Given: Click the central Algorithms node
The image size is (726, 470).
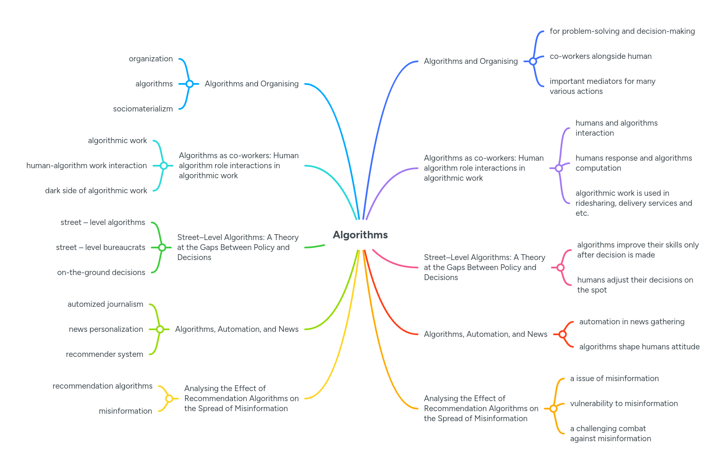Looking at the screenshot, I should click(360, 235).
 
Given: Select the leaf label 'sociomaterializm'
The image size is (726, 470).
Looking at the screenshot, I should click(143, 109).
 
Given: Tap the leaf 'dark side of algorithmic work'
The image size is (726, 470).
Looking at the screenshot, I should click(96, 191).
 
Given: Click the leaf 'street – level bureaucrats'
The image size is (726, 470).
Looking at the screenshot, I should click(100, 248).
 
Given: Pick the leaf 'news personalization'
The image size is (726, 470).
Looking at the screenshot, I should click(106, 329).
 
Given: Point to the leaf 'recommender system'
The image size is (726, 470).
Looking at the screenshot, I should click(104, 354).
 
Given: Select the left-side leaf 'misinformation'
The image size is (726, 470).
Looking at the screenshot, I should click(125, 411).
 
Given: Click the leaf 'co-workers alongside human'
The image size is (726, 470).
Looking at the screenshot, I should click(600, 56).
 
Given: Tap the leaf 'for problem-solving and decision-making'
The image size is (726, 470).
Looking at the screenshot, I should click(622, 31).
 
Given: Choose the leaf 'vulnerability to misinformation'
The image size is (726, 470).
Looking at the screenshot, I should click(623, 404).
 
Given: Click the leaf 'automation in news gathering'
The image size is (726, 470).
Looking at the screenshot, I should click(631, 322).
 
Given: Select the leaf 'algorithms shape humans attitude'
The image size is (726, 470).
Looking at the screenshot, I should click(639, 347).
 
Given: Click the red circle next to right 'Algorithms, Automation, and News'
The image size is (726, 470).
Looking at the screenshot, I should click(563, 334).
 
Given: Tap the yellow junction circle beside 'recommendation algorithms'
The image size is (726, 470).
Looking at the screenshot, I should click(169, 399).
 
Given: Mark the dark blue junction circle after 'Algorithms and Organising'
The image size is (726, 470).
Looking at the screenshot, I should click(533, 61).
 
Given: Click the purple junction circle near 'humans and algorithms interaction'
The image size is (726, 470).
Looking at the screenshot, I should click(559, 168).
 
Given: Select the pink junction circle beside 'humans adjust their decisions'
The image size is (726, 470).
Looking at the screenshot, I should click(561, 268).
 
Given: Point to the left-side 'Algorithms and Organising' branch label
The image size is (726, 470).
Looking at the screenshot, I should click(251, 84).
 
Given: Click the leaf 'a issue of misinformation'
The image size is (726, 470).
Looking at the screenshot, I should click(614, 379).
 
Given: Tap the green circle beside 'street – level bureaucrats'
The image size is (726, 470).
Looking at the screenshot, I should click(162, 248).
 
